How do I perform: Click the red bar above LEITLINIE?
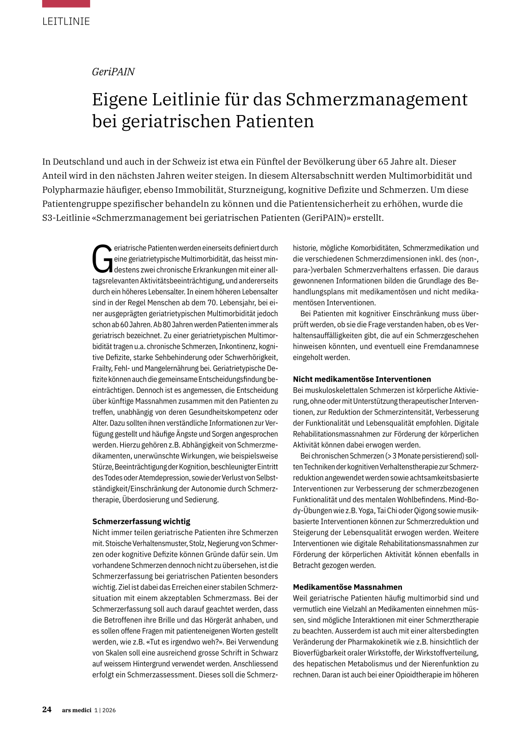(66, 4)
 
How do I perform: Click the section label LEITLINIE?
(66, 21)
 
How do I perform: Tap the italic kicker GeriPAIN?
(113, 72)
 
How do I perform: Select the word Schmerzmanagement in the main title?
(377, 99)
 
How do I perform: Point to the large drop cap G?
(102, 259)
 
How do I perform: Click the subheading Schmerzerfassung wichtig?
(141, 521)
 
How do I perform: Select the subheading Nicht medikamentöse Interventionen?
(362, 379)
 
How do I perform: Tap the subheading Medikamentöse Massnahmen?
(348, 587)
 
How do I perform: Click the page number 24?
(47, 710)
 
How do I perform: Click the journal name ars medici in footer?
(76, 710)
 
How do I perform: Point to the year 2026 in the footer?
(109, 710)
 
